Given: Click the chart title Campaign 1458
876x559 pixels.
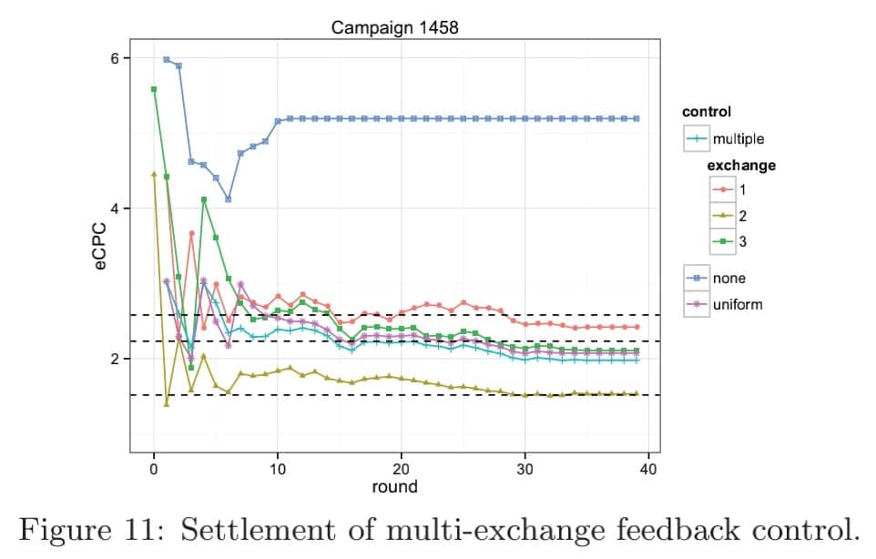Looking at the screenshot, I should click(x=394, y=26).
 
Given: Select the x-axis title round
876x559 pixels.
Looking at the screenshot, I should click(x=394, y=487).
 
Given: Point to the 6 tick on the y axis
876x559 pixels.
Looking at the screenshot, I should click(x=114, y=58).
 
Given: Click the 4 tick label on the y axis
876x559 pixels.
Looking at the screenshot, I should click(x=114, y=208).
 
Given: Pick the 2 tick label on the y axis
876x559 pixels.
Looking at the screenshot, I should click(x=114, y=359).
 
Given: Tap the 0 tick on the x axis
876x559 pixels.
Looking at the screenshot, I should click(x=154, y=468).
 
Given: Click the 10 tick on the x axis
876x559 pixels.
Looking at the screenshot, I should click(x=277, y=468).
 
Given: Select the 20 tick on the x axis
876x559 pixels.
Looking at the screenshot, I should click(x=401, y=468).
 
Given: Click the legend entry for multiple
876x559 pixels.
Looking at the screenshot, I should click(x=738, y=139).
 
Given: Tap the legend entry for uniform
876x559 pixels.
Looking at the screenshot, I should click(x=737, y=304).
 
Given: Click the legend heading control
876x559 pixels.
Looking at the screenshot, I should click(x=707, y=113).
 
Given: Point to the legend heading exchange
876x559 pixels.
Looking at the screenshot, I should click(x=741, y=166).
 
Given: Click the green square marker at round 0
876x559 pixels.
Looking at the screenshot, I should click(x=154, y=89).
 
